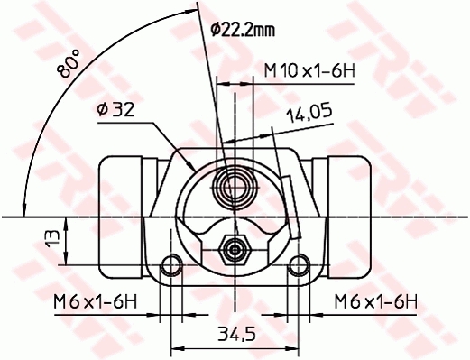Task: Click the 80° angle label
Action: [69, 63]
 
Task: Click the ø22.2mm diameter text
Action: [243, 30]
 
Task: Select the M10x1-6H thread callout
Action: [309, 71]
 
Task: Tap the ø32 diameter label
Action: [115, 109]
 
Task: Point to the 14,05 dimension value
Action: [309, 113]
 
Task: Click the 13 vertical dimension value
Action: [53, 239]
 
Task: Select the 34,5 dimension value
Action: [236, 334]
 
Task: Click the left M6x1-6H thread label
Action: [96, 301]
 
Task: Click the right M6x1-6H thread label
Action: [376, 301]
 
